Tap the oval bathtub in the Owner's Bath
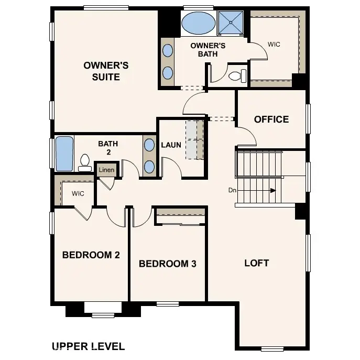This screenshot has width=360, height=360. pos(198,23)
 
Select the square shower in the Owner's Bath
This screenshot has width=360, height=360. pos(232,23)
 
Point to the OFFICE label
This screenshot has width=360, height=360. pos(271,119)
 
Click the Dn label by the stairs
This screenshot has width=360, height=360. pos(233,190)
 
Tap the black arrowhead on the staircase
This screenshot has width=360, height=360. pos(272,191)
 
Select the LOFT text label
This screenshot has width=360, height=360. pos(257,263)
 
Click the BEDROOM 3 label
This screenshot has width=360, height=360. pos(167,264)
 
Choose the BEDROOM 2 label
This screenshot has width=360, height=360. pos(91,255)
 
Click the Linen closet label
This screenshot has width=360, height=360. pos(106,170)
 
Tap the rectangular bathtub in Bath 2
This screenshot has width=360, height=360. pos(64,154)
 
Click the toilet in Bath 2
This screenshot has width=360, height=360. pos(85,162)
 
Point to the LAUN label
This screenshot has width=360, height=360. pos(171,145)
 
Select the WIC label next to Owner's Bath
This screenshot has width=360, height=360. pos(274,45)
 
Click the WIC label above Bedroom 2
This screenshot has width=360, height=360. pos(78,193)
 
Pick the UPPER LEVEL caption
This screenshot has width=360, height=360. pos(88,346)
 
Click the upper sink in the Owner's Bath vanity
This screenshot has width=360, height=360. pos(168,51)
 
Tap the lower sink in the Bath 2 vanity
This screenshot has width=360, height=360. pos(149,166)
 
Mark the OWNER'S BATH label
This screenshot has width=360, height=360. pos(208,50)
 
